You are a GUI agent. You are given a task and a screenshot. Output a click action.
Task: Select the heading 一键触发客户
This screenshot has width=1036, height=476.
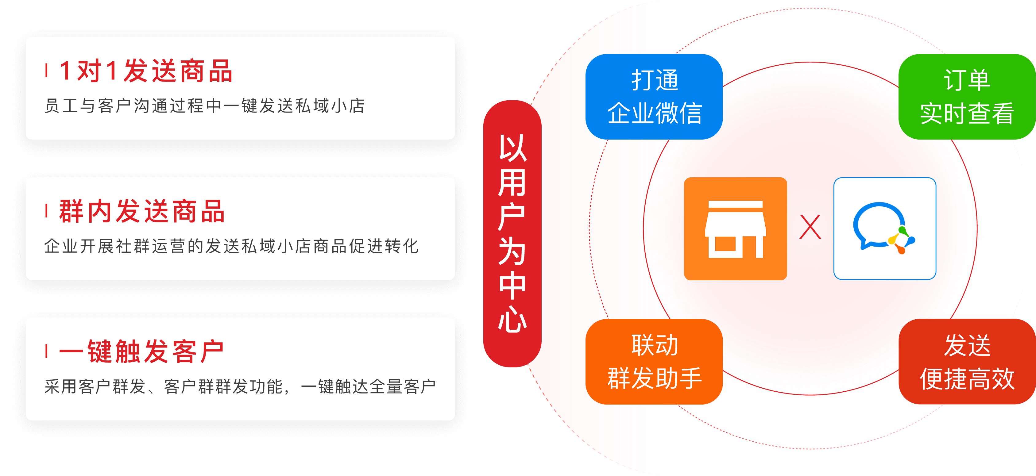click(x=141, y=351)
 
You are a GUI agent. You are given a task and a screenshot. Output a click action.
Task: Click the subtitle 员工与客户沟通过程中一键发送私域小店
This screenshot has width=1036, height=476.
click(x=204, y=106)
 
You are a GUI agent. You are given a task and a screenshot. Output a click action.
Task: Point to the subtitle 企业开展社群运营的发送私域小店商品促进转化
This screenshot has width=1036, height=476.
click(x=231, y=246)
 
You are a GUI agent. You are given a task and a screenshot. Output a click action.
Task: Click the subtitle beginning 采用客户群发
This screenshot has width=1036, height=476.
click(x=240, y=386)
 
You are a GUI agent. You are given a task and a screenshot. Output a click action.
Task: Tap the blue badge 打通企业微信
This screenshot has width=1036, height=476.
click(x=654, y=97)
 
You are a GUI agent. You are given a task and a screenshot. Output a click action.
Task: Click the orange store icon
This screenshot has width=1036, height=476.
click(x=735, y=228)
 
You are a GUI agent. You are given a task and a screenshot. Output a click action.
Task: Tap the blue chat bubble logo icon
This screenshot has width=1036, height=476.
click(x=884, y=228)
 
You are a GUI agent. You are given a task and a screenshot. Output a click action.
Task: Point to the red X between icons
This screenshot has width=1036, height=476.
click(x=810, y=227)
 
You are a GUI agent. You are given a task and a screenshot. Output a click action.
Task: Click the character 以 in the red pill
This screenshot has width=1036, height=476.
click(x=512, y=148)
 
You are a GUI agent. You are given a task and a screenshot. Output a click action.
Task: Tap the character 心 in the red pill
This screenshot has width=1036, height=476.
click(x=512, y=318)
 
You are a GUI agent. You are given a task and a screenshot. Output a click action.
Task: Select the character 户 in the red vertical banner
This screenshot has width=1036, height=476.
click(x=512, y=217)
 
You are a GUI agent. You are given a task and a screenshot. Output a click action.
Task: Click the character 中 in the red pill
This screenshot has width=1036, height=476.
click(x=512, y=286)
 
